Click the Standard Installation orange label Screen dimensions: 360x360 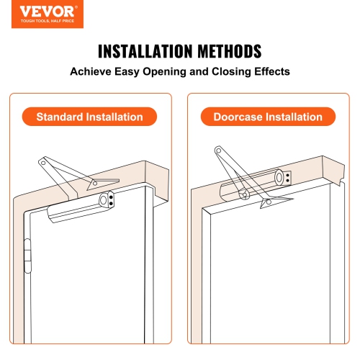pyautogui.click(x=91, y=117)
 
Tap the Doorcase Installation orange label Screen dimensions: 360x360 pyautogui.click(x=267, y=117)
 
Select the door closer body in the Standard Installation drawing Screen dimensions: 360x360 pyautogui.click(x=79, y=208)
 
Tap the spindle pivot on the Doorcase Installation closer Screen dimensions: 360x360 pyautogui.click(x=244, y=193)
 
